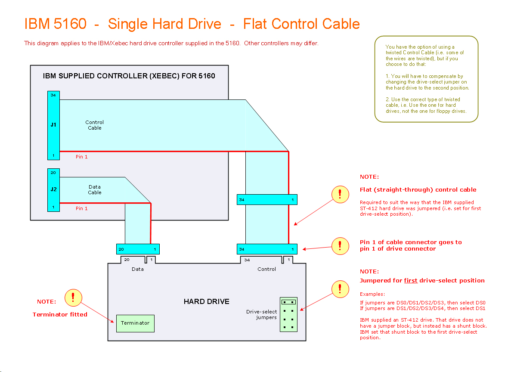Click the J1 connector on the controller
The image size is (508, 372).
pyautogui.click(x=53, y=125)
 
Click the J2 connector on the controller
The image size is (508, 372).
pyautogui.click(x=53, y=189)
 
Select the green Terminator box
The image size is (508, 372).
pyautogui.click(x=135, y=323)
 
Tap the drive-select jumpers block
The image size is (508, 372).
pyautogui.click(x=288, y=314)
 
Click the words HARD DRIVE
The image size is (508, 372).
pyautogui.click(x=206, y=301)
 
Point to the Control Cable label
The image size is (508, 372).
pyautogui.click(x=95, y=125)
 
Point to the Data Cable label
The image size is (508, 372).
pyautogui.click(x=95, y=189)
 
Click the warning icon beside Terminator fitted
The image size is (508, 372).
pyautogui.click(x=73, y=297)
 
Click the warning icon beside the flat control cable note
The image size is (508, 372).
pyautogui.click(x=340, y=194)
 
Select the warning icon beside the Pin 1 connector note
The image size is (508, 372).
pyautogui.click(x=340, y=246)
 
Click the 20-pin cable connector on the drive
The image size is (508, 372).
pyautogui.click(x=138, y=249)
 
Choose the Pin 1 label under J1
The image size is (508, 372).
pyautogui.click(x=82, y=157)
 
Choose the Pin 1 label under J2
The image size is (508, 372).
pyautogui.click(x=82, y=208)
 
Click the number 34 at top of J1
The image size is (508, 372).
pyautogui.click(x=53, y=95)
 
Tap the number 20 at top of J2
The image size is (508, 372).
pyautogui.click(x=53, y=172)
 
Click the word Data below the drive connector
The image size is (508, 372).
pyautogui.click(x=138, y=269)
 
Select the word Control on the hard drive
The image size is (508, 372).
pyautogui.click(x=266, y=269)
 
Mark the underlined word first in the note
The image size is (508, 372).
pyautogui.click(x=410, y=281)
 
